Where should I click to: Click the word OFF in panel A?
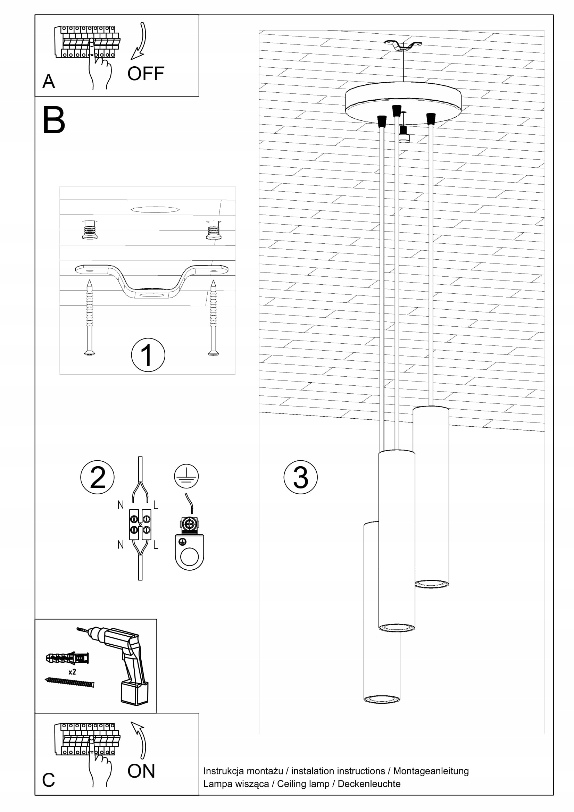[146, 74]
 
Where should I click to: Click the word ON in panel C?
[141, 771]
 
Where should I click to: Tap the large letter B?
[54, 120]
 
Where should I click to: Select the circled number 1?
[148, 355]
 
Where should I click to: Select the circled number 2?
[97, 477]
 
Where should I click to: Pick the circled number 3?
[300, 477]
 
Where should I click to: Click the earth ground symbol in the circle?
[186, 476]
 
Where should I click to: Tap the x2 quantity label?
[72, 672]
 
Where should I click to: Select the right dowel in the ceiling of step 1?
[214, 230]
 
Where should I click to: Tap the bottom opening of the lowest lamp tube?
[382, 699]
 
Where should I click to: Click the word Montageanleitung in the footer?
[431, 771]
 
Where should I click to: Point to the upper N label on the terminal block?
[120, 505]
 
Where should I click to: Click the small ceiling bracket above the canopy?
[403, 45]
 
